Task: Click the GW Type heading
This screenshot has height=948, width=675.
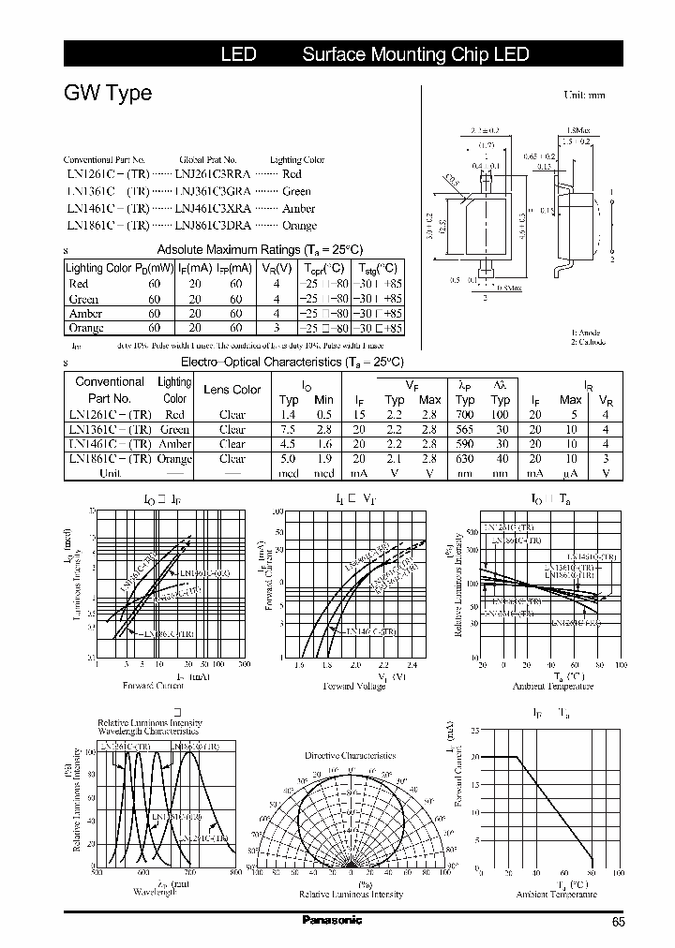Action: coord(107,94)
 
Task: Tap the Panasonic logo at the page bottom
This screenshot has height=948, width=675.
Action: coord(331,920)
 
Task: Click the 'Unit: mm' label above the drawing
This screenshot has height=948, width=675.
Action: coord(584,96)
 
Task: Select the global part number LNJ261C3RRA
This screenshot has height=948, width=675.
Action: coord(213,174)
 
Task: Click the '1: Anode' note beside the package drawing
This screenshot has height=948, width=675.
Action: coord(588,332)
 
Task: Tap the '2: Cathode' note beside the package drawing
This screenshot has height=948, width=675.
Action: coord(590,342)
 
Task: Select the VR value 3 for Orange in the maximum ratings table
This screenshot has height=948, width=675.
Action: coord(277,329)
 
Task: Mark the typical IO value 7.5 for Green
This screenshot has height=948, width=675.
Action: coord(288,428)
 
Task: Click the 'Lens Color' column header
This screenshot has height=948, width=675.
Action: coord(232,390)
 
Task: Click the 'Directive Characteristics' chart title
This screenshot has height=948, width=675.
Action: coord(350,755)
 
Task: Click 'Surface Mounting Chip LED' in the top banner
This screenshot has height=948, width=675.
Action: coord(415,55)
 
